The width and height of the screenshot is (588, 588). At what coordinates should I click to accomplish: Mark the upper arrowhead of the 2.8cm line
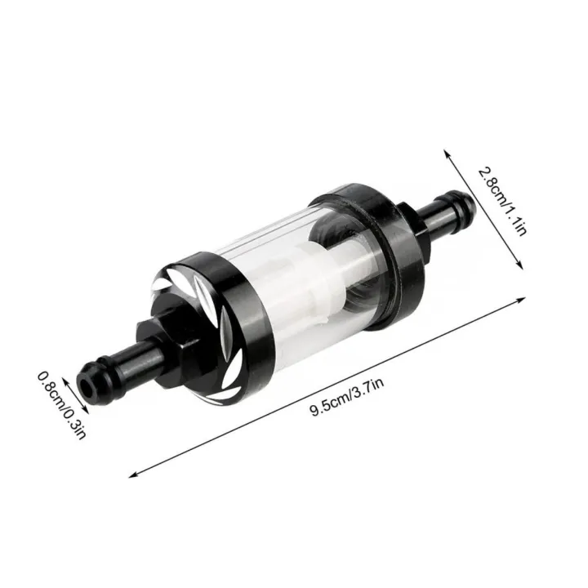(446, 152)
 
